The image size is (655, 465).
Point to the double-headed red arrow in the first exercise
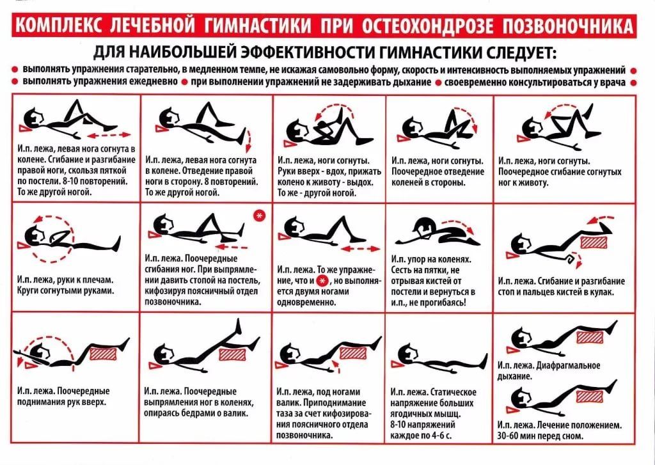[108, 135]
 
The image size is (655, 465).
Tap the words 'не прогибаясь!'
[442, 301]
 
